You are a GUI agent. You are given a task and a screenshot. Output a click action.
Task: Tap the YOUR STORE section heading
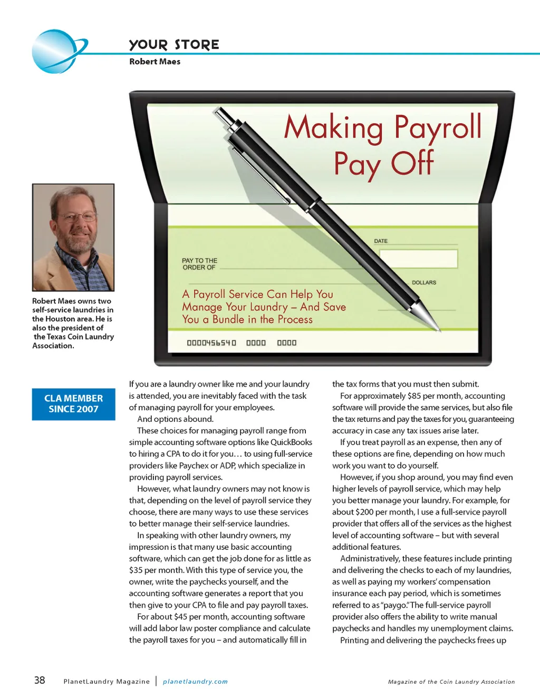point(174,45)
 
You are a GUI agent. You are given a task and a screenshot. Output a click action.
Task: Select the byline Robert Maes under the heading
point(155,62)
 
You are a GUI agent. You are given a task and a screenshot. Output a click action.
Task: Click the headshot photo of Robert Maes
point(73,237)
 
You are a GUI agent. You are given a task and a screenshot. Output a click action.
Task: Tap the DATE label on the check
point(381,241)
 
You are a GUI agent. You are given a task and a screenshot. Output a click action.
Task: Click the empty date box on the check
point(418,258)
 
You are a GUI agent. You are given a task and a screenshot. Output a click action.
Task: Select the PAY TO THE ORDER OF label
point(199,264)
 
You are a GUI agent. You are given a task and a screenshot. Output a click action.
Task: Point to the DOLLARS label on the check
point(424,283)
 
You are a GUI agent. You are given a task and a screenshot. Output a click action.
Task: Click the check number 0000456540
point(211,343)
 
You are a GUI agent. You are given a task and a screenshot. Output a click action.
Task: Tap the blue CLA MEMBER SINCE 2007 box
point(73,404)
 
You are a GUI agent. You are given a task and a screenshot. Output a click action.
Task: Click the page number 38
point(40,680)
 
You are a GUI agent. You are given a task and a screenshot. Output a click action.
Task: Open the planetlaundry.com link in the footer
point(195,682)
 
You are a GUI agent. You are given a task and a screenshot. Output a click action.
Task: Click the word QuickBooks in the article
point(291,442)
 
